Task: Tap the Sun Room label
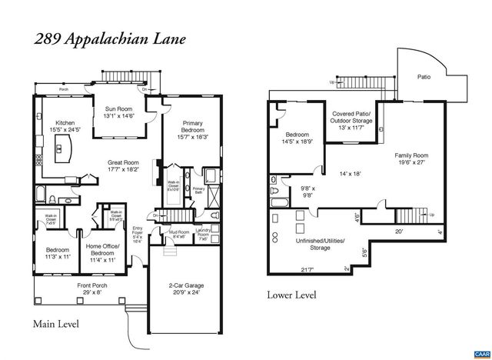tap(119, 112)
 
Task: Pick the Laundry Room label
tap(203, 235)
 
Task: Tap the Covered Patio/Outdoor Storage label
tap(351, 118)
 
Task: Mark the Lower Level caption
tap(293, 295)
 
